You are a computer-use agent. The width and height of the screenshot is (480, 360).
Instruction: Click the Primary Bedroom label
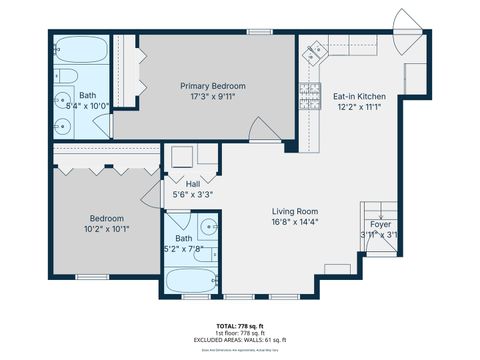click(x=213, y=86)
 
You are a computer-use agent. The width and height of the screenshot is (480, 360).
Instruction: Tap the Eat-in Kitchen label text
click(x=358, y=97)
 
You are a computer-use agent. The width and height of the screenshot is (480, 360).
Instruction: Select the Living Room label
click(x=295, y=211)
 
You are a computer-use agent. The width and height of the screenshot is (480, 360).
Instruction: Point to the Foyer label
click(x=380, y=225)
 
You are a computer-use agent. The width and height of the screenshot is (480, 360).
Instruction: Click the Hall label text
click(x=192, y=183)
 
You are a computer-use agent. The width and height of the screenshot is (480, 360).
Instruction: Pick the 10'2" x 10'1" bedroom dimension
click(x=106, y=229)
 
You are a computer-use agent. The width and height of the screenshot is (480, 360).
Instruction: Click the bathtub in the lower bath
click(x=190, y=281)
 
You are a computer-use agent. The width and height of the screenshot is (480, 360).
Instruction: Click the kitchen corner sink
click(x=312, y=49)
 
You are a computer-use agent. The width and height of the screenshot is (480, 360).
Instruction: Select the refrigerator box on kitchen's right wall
click(x=416, y=75)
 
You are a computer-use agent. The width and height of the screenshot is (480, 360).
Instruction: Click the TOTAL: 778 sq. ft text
click(x=240, y=327)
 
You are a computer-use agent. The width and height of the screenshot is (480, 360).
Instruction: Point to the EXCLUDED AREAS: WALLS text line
click(x=240, y=341)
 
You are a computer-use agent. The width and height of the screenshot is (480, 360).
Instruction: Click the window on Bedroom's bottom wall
click(x=92, y=276)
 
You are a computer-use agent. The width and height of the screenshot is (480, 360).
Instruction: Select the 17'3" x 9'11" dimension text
click(x=213, y=97)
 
